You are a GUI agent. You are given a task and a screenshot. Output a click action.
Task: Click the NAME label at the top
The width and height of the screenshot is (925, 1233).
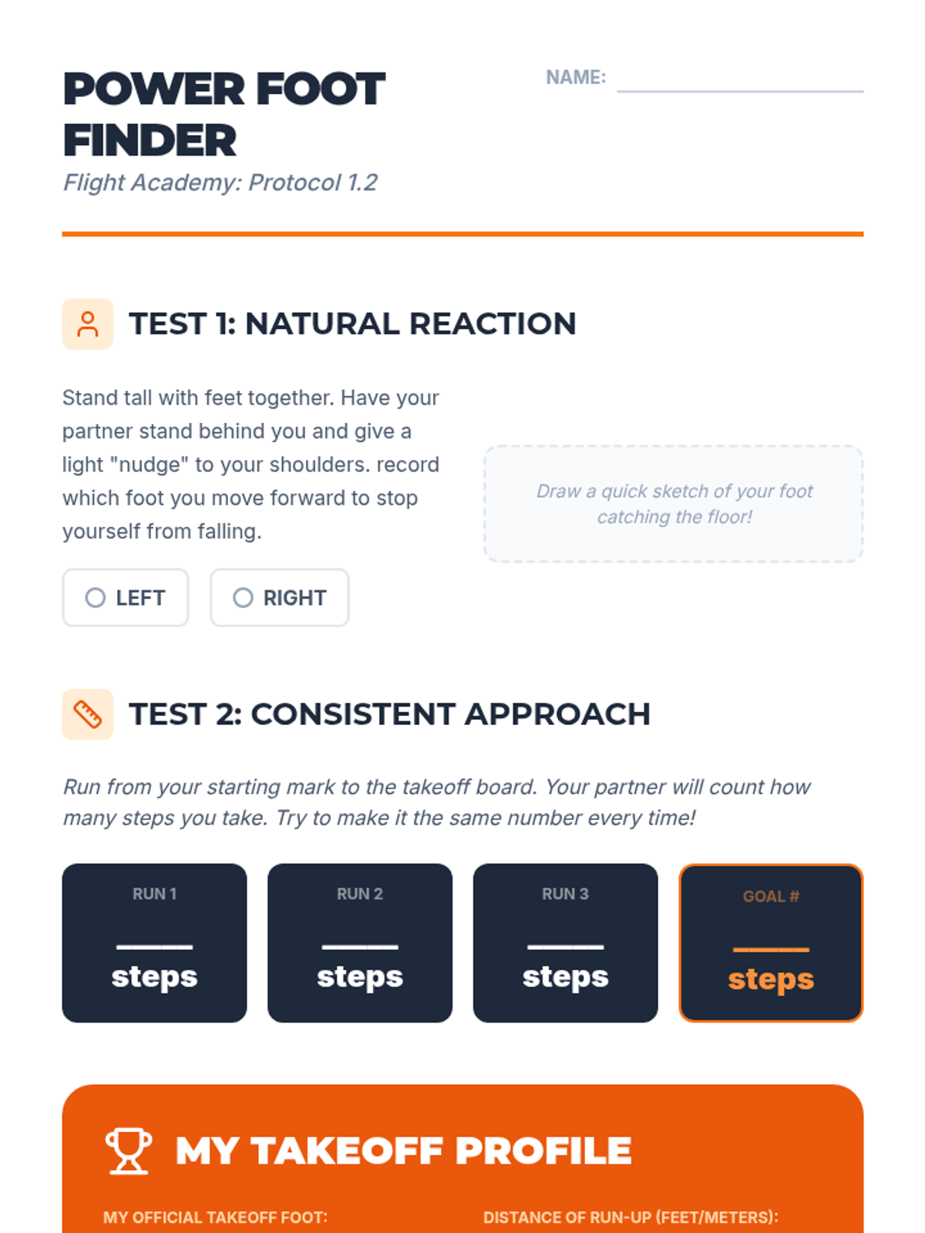pyautogui.click(x=576, y=77)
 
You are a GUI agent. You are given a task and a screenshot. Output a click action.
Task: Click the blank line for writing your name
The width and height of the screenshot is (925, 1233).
pyautogui.click(x=740, y=91)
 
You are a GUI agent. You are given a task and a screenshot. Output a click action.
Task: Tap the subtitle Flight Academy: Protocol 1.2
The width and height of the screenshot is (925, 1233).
pyautogui.click(x=220, y=183)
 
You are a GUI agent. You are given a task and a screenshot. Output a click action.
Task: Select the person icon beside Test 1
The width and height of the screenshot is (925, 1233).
pyautogui.click(x=88, y=324)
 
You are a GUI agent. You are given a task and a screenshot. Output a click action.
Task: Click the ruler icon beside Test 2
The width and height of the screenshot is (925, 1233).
pyautogui.click(x=88, y=714)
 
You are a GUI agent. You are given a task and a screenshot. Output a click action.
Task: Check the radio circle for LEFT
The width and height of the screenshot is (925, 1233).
pyautogui.click(x=95, y=597)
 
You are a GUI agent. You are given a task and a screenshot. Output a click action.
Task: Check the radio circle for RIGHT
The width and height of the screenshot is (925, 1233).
pyautogui.click(x=243, y=597)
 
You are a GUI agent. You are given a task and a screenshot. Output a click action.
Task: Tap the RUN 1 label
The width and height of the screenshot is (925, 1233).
pyautogui.click(x=154, y=893)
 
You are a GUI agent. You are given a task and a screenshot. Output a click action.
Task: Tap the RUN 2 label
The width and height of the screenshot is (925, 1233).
pyautogui.click(x=359, y=893)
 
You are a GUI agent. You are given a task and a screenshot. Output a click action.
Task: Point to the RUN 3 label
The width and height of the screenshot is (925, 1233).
pyautogui.click(x=565, y=893)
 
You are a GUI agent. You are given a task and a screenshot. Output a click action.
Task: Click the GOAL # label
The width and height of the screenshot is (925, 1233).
pyautogui.click(x=771, y=896)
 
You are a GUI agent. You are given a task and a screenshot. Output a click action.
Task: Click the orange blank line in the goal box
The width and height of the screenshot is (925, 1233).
pyautogui.click(x=771, y=949)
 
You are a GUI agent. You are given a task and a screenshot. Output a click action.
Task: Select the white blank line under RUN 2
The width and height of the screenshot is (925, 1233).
pyautogui.click(x=359, y=947)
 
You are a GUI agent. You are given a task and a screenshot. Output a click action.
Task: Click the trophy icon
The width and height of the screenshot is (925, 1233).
pyautogui.click(x=129, y=1151)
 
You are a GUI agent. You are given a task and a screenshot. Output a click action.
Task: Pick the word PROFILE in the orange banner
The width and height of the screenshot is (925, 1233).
pyautogui.click(x=543, y=1151)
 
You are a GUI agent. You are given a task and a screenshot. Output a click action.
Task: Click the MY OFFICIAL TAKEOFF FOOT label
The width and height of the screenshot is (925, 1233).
pyautogui.click(x=215, y=1218)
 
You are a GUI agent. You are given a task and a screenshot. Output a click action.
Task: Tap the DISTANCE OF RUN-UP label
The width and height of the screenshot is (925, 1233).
pyautogui.click(x=631, y=1218)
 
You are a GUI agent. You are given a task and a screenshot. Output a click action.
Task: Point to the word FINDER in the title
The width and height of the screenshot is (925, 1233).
pyautogui.click(x=150, y=140)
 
